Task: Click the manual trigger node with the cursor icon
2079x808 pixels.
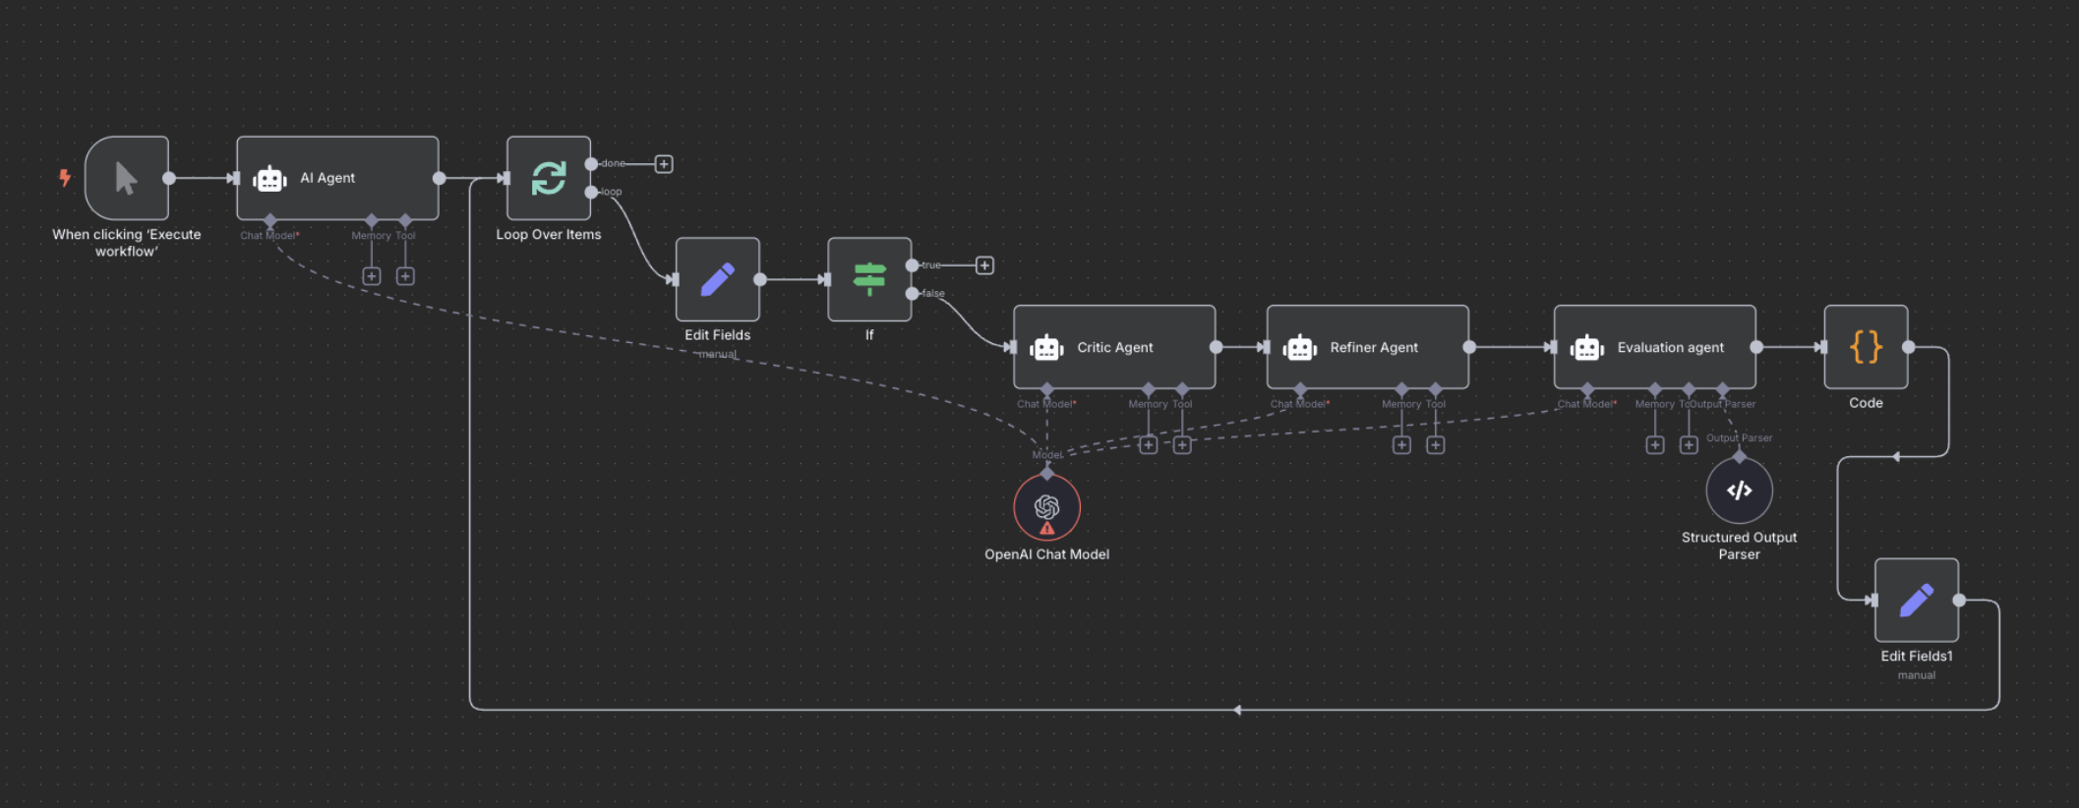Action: [127, 178]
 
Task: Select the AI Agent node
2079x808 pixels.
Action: [337, 178]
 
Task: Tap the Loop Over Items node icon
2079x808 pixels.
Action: [549, 178]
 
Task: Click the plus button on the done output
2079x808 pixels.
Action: [664, 164]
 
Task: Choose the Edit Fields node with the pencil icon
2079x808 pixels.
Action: [718, 279]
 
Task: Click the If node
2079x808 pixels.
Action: [869, 279]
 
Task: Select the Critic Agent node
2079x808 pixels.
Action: [1114, 347]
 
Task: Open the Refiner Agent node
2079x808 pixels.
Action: [1367, 347]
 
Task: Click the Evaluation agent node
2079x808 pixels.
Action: [1654, 347]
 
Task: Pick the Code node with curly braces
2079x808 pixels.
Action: [1866, 347]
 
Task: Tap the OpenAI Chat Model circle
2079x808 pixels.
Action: [1046, 506]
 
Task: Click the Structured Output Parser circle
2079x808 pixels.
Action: [1739, 491]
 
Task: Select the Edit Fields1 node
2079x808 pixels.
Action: [1916, 600]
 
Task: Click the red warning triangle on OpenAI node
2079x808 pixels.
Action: [1047, 529]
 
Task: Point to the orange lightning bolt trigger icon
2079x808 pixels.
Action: [65, 178]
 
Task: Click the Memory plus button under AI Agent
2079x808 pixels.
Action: [372, 276]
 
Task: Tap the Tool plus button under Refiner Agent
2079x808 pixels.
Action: [1436, 445]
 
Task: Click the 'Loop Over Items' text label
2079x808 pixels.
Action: [549, 235]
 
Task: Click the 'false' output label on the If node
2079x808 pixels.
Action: [933, 294]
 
